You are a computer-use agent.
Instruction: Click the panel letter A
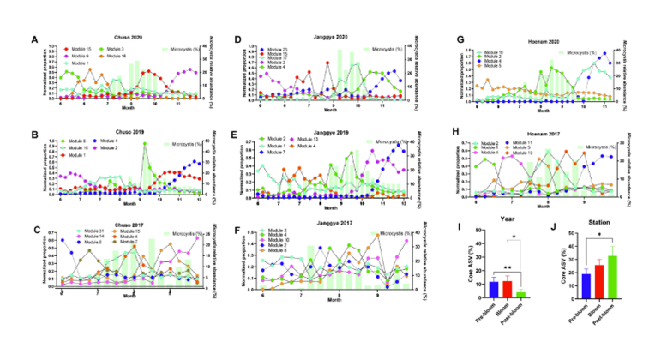coord(34,40)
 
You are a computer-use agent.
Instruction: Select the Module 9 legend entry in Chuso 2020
coord(71,57)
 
